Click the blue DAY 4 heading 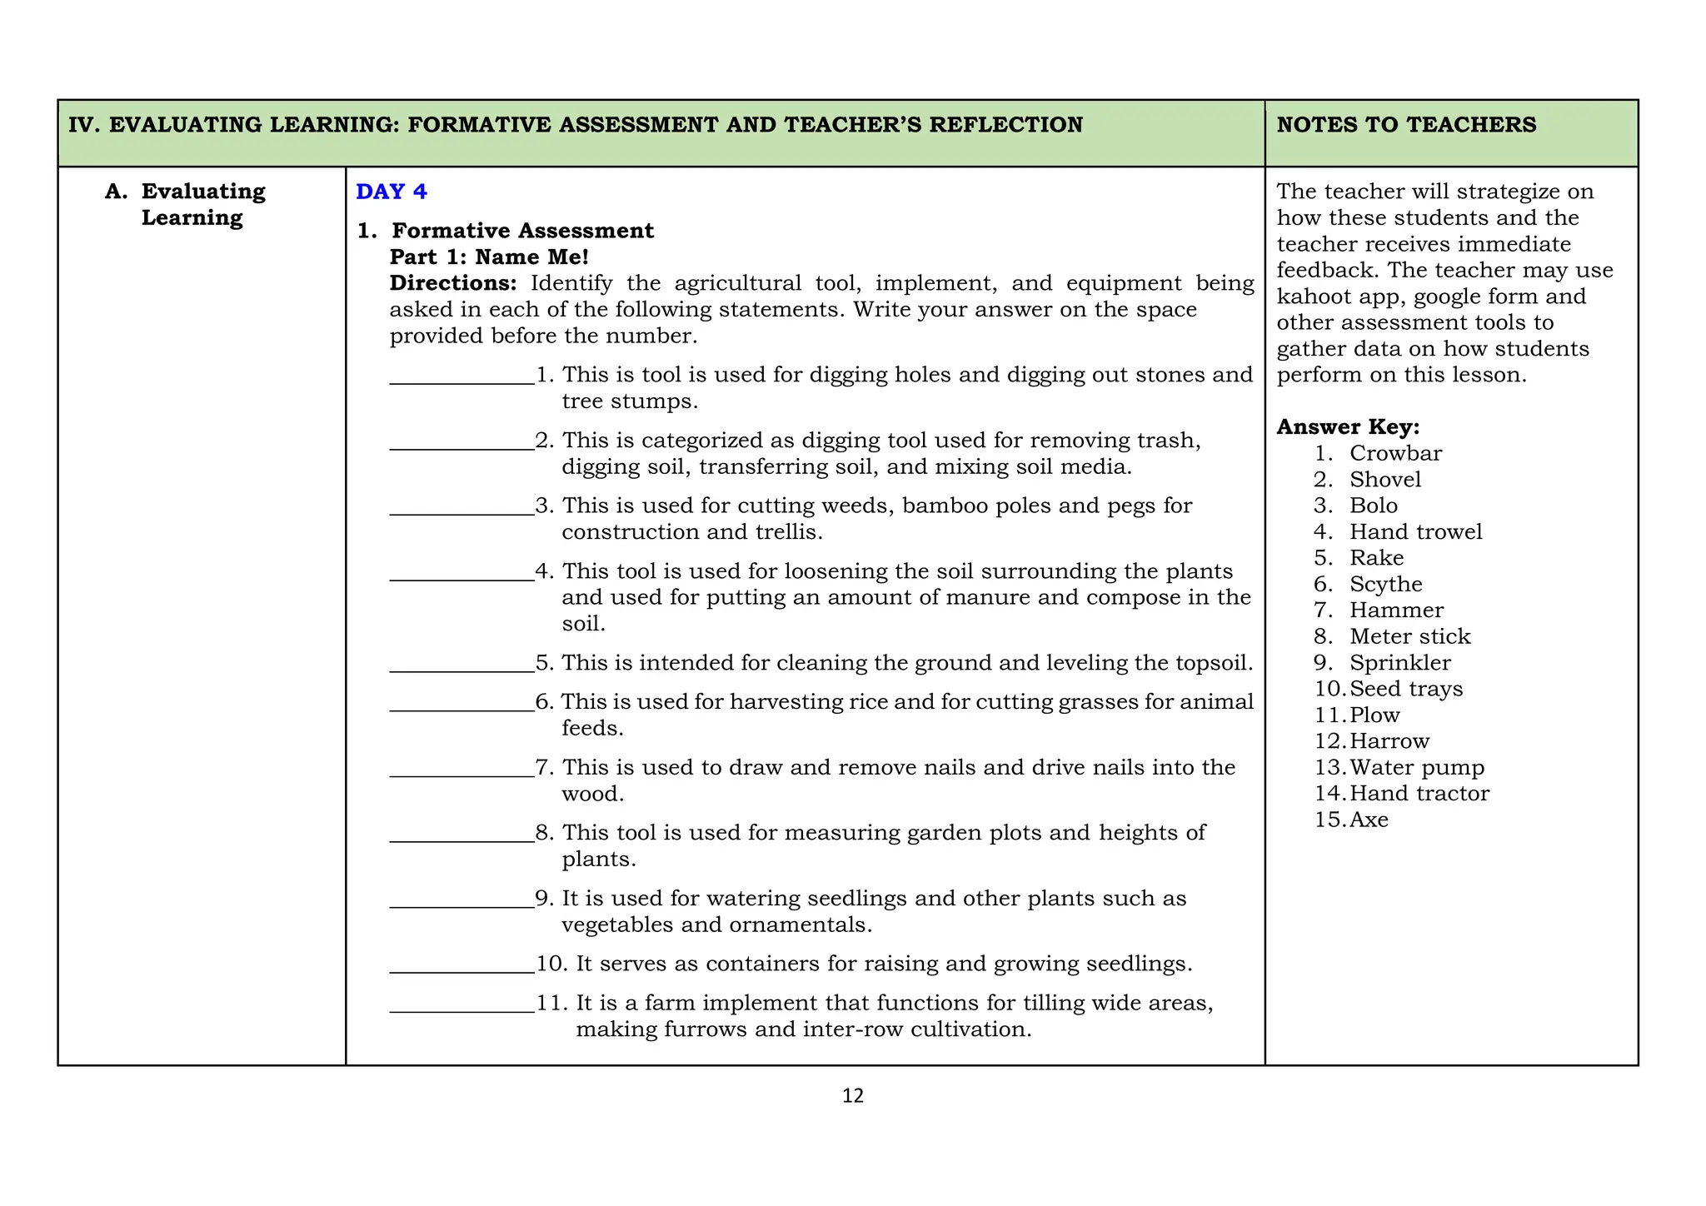(391, 192)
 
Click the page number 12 (853, 1096)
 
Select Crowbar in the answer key (1395, 453)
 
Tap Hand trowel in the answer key (1415, 531)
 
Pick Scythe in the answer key (1385, 584)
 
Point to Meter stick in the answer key (1409, 636)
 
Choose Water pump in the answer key (1417, 767)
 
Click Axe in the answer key (1369, 820)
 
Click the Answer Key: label (1348, 427)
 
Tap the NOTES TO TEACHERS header (1406, 125)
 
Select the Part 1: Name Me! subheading (489, 257)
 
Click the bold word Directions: (453, 283)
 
